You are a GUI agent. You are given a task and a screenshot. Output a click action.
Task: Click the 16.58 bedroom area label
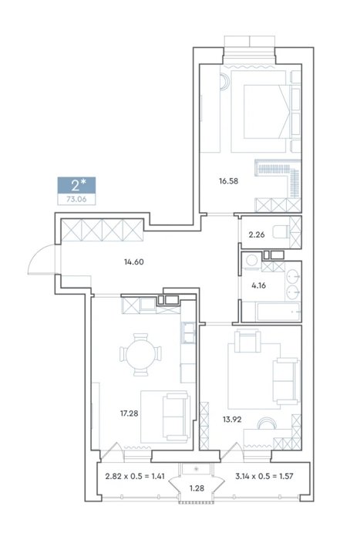coord(228,181)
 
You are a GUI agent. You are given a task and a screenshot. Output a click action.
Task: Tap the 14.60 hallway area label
coord(134,262)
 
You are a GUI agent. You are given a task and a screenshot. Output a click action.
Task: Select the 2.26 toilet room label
coord(257,235)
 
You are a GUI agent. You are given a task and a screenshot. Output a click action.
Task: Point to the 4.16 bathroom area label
coord(259,285)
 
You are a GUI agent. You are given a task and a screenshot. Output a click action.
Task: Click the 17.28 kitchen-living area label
coord(129,413)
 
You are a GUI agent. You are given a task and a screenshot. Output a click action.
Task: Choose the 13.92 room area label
coord(232,420)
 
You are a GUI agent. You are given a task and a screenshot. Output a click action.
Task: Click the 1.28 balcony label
coord(197,488)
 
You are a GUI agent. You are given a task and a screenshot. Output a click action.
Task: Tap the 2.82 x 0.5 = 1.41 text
coord(135,477)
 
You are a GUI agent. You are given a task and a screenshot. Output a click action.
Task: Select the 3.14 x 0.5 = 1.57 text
coord(264,477)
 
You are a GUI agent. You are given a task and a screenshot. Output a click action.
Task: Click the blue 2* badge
coord(76,185)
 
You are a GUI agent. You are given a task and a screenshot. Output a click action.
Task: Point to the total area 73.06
coord(76,199)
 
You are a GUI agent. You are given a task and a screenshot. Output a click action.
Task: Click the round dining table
coord(141,354)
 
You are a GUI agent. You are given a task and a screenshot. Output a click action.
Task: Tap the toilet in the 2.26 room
coord(281,231)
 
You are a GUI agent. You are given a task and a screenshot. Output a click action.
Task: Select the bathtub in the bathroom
coord(271,312)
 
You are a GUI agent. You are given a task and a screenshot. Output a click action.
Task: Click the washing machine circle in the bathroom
coord(251,261)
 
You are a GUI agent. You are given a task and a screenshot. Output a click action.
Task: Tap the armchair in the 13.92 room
coord(247,341)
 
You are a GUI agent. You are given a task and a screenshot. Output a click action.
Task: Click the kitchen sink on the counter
coord(189,333)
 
